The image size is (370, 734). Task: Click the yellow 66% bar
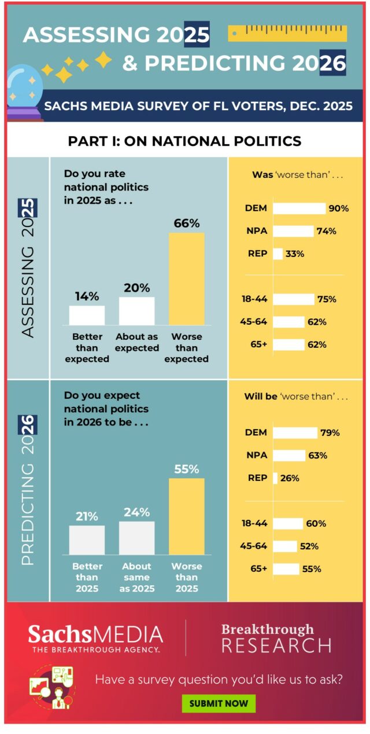(x=186, y=278)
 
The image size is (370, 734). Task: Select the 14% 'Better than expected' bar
(x=87, y=315)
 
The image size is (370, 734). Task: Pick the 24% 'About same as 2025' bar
(x=136, y=538)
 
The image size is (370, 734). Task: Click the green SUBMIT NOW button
(x=219, y=703)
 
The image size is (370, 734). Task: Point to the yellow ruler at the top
(x=287, y=33)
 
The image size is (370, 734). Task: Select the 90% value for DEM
(x=338, y=208)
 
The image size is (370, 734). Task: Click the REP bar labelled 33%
(x=277, y=254)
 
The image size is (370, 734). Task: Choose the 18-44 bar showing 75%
(x=293, y=299)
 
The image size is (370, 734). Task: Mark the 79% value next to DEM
(x=330, y=433)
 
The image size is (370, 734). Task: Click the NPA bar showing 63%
(x=288, y=456)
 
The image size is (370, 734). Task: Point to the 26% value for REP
(x=290, y=478)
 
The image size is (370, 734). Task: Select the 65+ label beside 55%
(x=258, y=569)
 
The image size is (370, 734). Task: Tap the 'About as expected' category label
(x=137, y=342)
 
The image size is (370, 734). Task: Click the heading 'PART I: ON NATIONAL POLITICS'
(x=185, y=141)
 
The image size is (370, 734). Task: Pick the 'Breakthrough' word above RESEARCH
(x=267, y=629)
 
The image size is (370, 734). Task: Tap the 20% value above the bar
(x=136, y=288)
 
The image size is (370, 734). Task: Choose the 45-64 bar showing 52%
(x=284, y=546)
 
